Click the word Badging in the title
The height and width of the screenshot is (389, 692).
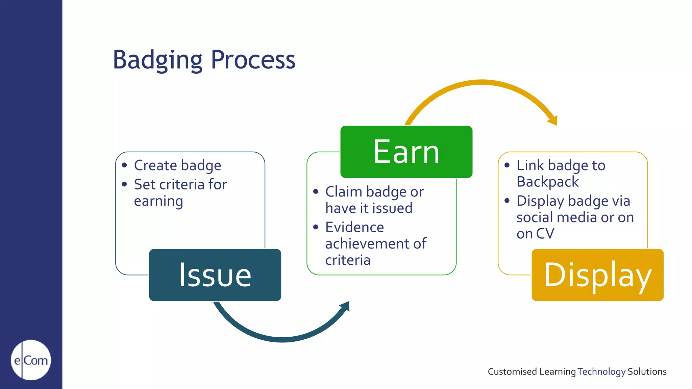click(157, 60)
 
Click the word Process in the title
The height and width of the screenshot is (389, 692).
click(253, 60)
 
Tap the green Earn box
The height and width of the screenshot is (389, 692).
click(406, 152)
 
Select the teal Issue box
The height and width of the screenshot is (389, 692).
click(215, 275)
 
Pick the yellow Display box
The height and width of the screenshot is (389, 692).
click(597, 275)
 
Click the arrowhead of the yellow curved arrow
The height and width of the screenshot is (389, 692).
click(553, 120)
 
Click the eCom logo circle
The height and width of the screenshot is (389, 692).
click(31, 360)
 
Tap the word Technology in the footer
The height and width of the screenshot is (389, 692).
click(601, 371)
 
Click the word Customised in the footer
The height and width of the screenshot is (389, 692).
click(512, 371)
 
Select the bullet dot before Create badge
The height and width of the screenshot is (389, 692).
click(124, 165)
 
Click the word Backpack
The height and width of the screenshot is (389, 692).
click(547, 182)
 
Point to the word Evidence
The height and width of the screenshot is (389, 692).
click(354, 227)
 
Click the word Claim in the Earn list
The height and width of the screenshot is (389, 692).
click(344, 192)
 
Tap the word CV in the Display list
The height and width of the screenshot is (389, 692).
click(545, 234)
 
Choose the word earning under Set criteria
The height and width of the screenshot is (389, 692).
click(158, 202)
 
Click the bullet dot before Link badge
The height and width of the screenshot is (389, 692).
click(507, 165)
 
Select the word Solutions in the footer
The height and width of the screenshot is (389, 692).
click(647, 371)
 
